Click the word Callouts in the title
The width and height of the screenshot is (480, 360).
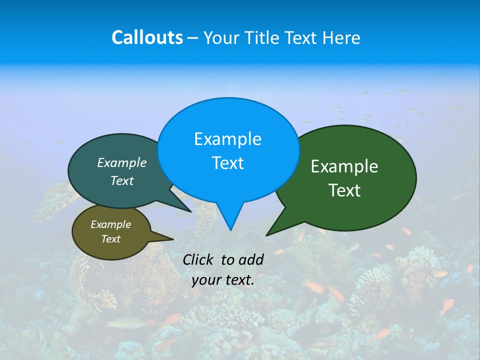(147, 37)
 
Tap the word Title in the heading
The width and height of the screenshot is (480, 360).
(262, 37)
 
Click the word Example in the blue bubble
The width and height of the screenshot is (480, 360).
(227, 139)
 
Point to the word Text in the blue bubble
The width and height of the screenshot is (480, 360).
(227, 163)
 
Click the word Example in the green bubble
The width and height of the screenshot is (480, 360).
(344, 166)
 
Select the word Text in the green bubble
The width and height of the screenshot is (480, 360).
(344, 190)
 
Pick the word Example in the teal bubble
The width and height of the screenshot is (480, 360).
(122, 163)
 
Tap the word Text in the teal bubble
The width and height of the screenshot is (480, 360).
(122, 181)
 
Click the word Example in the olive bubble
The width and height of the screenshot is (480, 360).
(110, 224)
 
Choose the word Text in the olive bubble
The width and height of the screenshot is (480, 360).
(110, 239)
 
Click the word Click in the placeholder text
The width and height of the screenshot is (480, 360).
(197, 259)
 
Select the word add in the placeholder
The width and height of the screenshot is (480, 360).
(250, 259)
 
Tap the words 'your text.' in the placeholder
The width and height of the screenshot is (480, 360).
(222, 280)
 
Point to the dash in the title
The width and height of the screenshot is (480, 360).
(193, 38)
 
